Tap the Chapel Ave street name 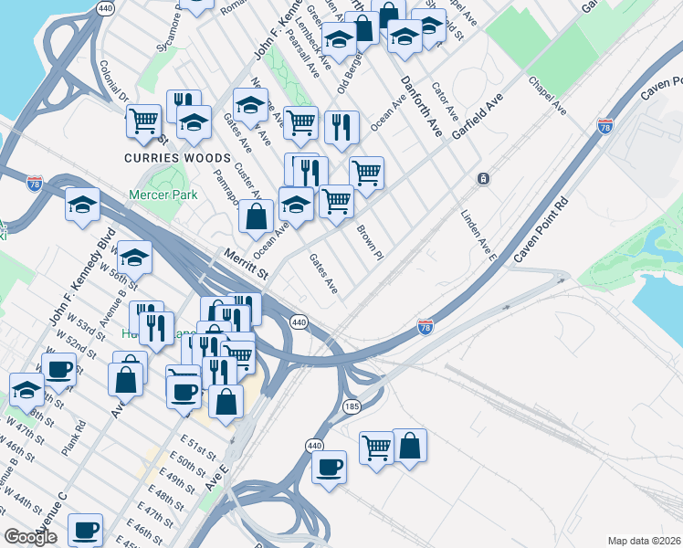point(547,95)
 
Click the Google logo point(30,537)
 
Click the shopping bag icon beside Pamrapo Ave point(256,216)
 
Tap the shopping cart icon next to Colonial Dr point(143,121)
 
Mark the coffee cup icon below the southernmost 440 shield point(329,467)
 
